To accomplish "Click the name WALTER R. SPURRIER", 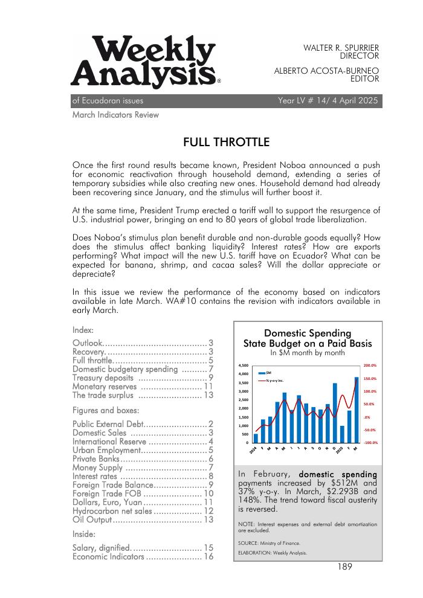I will point(341,47).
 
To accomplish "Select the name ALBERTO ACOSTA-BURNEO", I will point(326,70).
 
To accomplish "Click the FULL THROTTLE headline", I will point(227,143).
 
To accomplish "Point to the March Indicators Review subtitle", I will point(115,114).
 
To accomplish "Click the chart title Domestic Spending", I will point(308,333).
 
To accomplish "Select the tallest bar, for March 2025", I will point(356,410).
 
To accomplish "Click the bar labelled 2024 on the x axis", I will point(256,438).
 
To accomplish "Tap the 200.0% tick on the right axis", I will point(370,365).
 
